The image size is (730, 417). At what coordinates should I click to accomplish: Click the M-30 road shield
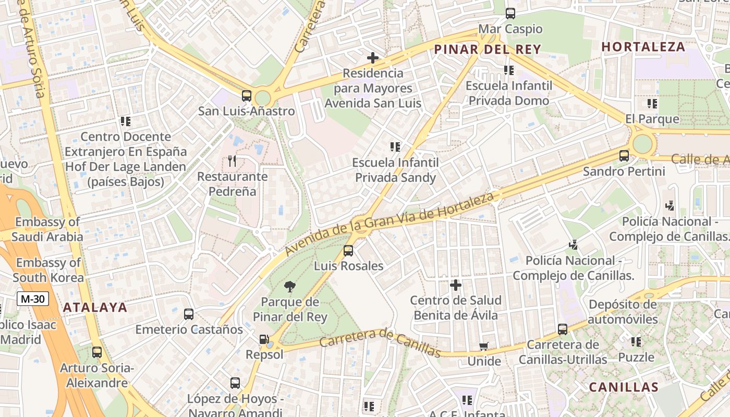[33, 299]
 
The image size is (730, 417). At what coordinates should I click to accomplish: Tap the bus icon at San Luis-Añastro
[247, 96]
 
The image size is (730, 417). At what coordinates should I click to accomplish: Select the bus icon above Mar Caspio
[510, 14]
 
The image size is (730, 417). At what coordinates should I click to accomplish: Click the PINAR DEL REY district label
[488, 50]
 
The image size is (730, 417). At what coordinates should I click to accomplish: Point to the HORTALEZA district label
[643, 47]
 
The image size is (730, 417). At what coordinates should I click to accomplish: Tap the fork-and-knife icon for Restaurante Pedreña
[232, 161]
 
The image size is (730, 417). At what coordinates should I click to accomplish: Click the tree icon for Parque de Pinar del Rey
[290, 286]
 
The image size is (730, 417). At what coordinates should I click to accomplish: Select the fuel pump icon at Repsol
[264, 339]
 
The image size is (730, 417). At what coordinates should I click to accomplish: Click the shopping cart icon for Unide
[484, 346]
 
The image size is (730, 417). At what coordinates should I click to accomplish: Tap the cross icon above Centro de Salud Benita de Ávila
[456, 285]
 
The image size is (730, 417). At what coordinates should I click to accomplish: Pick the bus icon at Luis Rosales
[348, 251]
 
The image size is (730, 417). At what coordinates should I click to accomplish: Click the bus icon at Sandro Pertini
[624, 155]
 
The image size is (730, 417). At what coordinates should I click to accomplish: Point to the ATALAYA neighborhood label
[95, 308]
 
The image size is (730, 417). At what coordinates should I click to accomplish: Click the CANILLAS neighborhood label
[624, 387]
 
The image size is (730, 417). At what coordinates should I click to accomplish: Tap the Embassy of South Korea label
[48, 270]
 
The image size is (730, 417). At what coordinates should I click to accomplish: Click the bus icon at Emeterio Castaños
[189, 314]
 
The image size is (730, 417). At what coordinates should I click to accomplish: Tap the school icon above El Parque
[652, 104]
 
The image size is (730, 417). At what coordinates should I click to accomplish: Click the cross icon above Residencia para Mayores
[373, 58]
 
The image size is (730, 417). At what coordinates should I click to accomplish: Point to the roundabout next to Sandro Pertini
[642, 143]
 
